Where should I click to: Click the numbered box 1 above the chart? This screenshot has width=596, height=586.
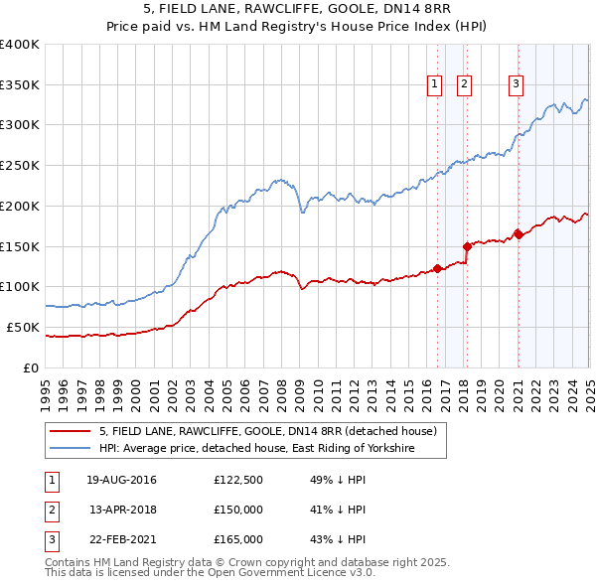coord(435,85)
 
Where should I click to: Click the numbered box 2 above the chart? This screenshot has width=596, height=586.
coord(464,85)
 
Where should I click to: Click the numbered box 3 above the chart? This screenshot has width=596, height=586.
coord(517,85)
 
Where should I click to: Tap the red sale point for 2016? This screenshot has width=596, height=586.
coord(437,268)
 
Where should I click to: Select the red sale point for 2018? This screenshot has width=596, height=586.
coord(467,245)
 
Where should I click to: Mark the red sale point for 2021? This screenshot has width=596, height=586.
coord(518,234)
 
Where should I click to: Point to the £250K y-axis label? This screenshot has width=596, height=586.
coord(20,165)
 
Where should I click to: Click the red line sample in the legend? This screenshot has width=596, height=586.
coord(72,431)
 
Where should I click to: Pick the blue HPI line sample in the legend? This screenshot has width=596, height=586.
coord(72,449)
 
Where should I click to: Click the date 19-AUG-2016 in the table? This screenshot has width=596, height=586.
coord(121,480)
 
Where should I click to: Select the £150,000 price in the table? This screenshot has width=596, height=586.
coord(238,510)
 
